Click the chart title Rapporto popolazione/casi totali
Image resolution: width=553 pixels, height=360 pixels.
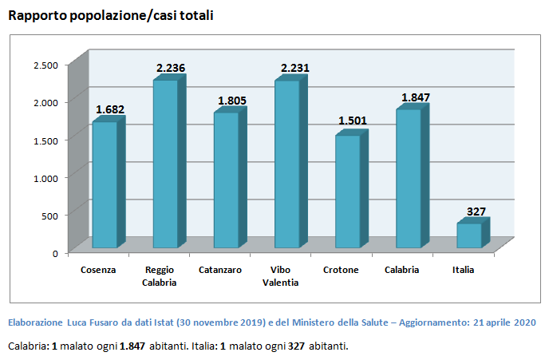click(110, 15)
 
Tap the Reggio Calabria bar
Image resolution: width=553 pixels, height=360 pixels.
click(165, 164)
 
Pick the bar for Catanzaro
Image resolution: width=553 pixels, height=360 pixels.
click(226, 180)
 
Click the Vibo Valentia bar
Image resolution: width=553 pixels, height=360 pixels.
click(286, 164)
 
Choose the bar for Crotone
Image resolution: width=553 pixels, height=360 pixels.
click(347, 192)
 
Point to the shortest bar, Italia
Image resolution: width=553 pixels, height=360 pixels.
click(469, 235)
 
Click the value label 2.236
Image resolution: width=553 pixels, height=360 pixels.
click(170, 69)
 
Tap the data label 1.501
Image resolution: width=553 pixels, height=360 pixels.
click(352, 121)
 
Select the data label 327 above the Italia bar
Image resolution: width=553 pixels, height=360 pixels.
click(476, 212)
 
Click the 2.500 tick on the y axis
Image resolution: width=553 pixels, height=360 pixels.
click(45, 65)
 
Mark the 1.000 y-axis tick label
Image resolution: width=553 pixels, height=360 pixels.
click(45, 178)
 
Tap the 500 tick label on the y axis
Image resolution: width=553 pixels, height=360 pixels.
click(49, 216)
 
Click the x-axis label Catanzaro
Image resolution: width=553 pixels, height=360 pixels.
click(219, 270)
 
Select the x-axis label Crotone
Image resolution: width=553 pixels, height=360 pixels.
click(341, 270)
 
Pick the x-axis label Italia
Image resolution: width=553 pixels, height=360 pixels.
click(463, 270)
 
